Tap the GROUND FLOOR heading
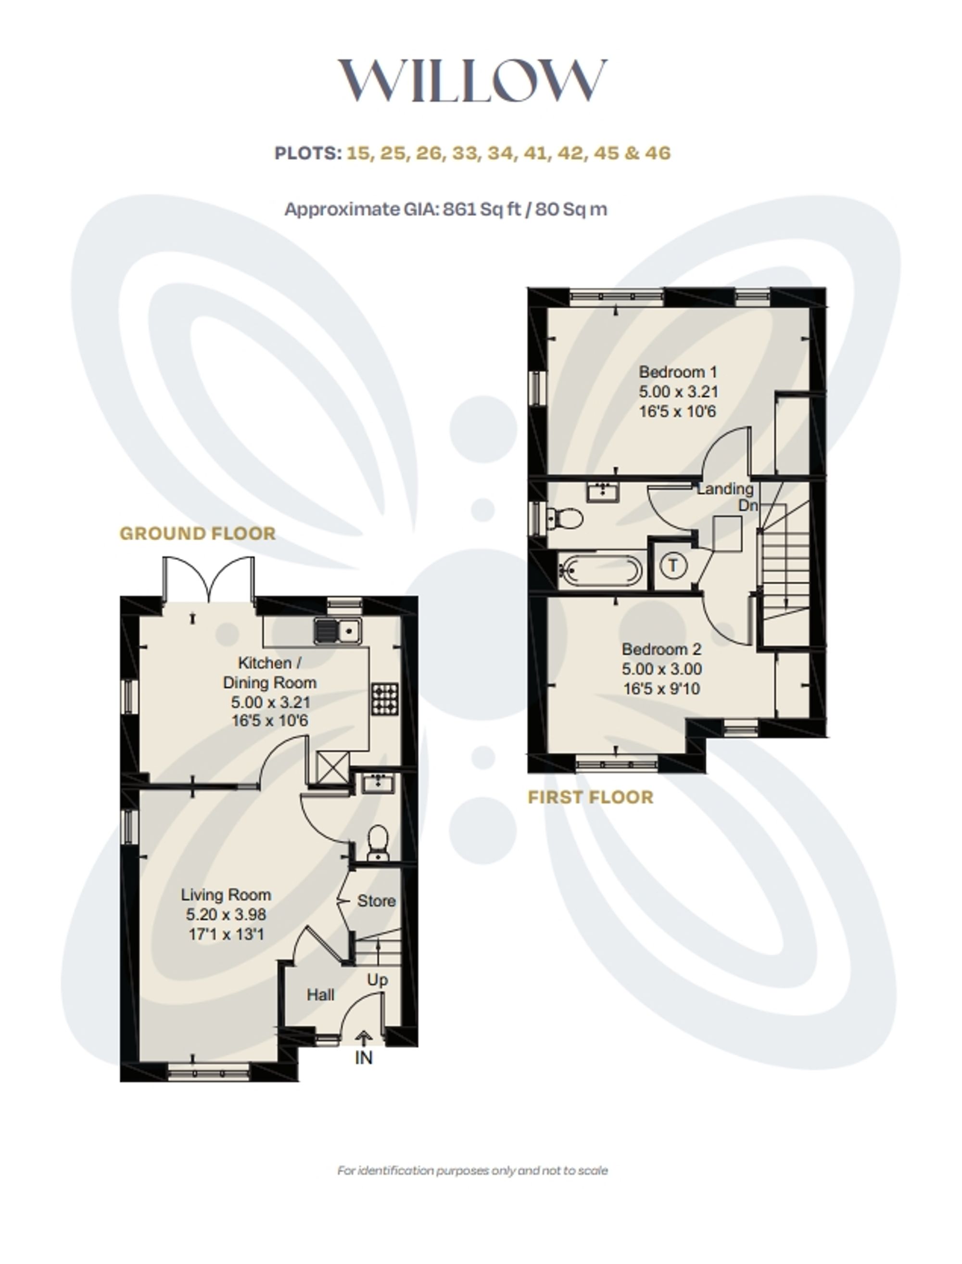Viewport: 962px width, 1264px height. coord(198,533)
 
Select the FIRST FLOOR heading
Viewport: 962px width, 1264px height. coord(590,797)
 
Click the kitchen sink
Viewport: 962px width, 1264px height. coord(338,631)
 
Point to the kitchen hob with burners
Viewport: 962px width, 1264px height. coord(385,699)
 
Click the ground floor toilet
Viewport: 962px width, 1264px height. coord(378,842)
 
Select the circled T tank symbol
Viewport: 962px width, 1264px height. coord(673,566)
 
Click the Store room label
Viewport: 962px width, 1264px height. coord(376,901)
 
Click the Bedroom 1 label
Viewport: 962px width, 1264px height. coord(678,372)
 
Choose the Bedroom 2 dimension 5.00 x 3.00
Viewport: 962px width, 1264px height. coord(662,669)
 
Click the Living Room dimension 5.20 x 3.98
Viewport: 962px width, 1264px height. coord(226,915)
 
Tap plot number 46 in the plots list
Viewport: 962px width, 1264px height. coord(658,153)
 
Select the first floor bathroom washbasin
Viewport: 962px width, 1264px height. coord(602,491)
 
